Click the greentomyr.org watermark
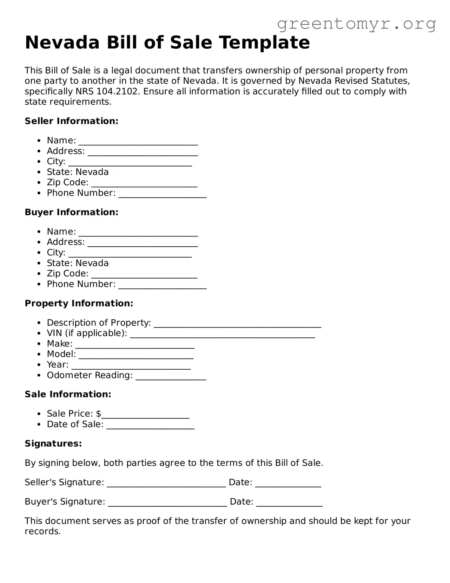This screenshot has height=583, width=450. (357, 24)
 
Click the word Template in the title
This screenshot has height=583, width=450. (265, 43)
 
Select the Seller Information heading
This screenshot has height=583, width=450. (71, 121)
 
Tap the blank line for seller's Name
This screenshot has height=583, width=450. (138, 142)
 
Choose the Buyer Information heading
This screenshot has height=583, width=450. (71, 212)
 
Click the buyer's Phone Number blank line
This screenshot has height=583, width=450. (162, 286)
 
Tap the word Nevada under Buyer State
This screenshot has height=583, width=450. (92, 263)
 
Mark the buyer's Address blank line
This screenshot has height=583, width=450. (143, 244)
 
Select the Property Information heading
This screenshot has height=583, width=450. (79, 303)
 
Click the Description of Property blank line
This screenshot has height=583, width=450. (237, 325)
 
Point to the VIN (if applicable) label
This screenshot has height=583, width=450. (87, 333)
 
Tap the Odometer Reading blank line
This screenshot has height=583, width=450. (171, 377)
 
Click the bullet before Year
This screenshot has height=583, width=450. (40, 365)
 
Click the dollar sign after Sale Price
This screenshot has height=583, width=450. (99, 414)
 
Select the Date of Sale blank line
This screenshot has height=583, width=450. (150, 427)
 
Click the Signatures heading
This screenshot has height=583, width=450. (53, 443)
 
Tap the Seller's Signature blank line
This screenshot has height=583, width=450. (166, 485)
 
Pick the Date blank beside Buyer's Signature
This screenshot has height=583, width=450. (289, 504)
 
